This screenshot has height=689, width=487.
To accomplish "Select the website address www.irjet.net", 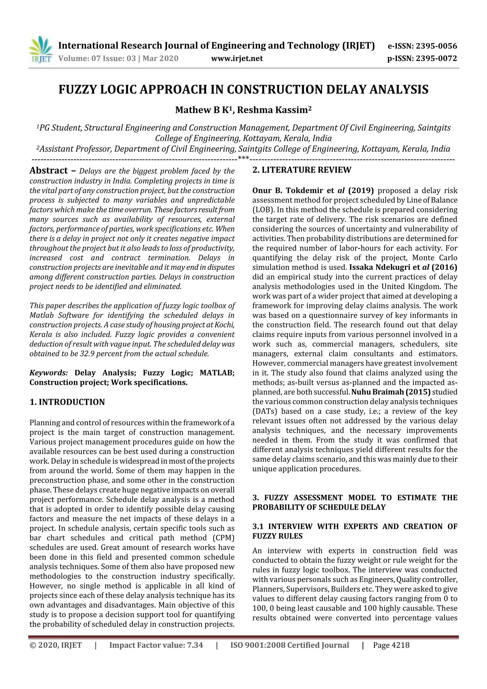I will pyautogui.click(x=237, y=58).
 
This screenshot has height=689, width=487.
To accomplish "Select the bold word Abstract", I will pyautogui.click(x=49, y=171).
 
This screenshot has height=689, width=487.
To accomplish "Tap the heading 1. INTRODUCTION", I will pyautogui.click(x=67, y=402).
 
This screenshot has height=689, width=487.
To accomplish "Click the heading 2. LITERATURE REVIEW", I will pyautogui.click(x=302, y=170).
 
